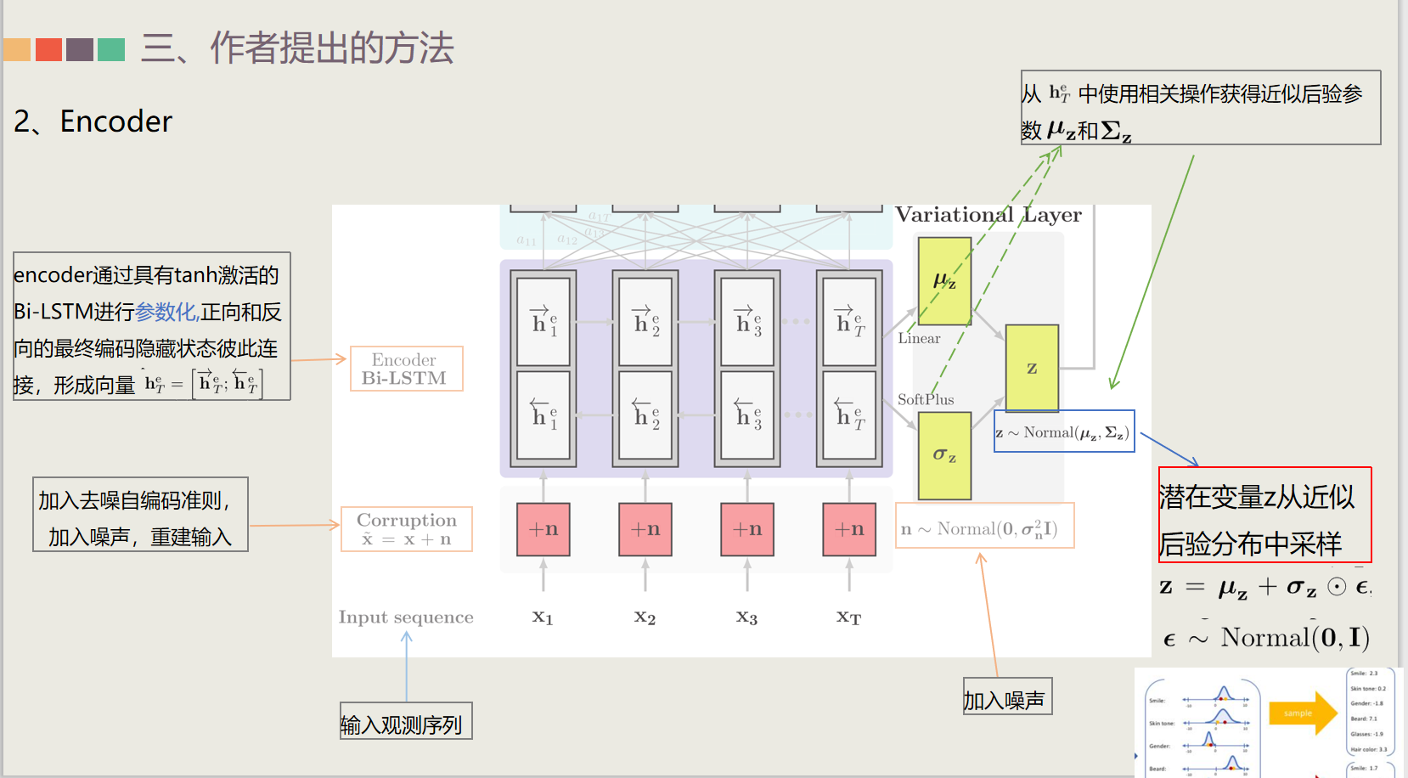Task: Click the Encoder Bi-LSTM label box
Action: coord(406,369)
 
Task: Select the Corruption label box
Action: coord(406,528)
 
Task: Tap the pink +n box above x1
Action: coord(543,529)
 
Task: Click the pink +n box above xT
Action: coord(849,529)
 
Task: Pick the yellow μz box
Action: coord(944,281)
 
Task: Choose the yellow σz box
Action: coord(944,455)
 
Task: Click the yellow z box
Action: coord(1032,368)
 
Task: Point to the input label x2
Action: coord(645,617)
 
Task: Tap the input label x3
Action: coord(746,617)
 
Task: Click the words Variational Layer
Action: coord(988,215)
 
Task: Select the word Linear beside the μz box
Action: coord(919,338)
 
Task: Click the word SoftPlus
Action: coord(926,399)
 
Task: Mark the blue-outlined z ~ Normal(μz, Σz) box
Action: coord(1064,432)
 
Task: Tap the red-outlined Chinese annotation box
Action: coord(1264,515)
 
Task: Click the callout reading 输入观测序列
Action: coord(406,721)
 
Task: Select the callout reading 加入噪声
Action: coord(1007,696)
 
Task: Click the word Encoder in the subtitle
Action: coord(116,121)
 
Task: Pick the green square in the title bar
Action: coord(111,49)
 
